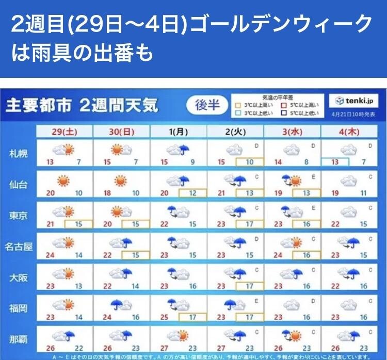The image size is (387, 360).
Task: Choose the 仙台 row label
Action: coord(19,184)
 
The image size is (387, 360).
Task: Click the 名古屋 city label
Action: coord(19,247)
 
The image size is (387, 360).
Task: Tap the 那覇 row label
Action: coord(19,339)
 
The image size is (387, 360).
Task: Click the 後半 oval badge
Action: coord(207,105)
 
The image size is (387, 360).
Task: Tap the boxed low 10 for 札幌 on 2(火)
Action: coord(249,162)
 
